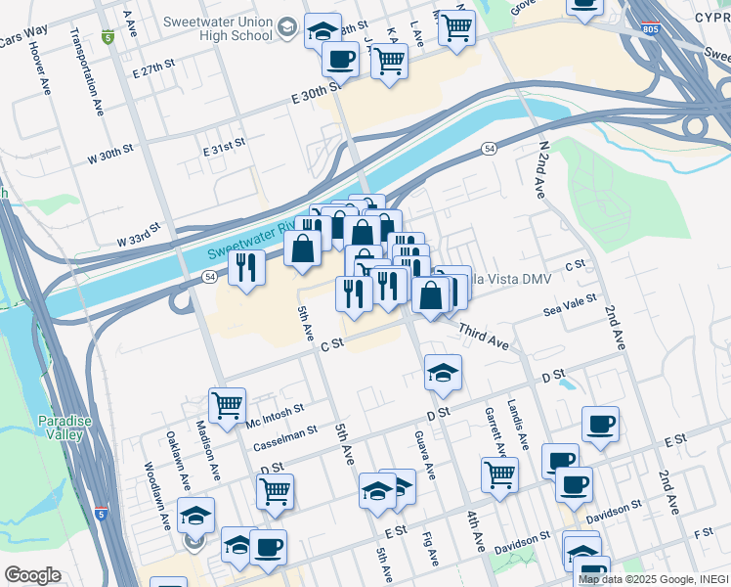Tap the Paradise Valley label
64,428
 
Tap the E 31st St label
223,148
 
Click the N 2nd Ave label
541,169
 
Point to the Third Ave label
484,339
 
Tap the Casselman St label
284,436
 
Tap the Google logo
32,575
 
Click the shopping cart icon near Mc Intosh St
227,404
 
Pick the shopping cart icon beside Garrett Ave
499,474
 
